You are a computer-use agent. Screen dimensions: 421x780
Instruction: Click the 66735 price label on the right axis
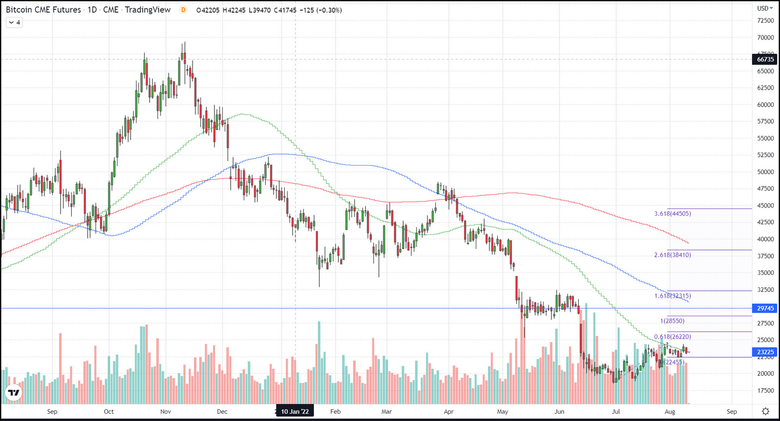click(x=765, y=59)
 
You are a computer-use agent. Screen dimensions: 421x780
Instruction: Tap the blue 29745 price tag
click(x=765, y=308)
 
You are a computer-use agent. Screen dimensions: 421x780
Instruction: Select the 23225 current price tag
click(x=765, y=352)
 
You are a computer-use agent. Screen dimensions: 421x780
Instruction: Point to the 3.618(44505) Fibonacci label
click(x=672, y=213)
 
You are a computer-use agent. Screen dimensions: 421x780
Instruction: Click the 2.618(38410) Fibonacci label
click(x=672, y=255)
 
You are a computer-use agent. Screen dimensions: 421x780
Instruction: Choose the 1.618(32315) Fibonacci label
click(x=672, y=296)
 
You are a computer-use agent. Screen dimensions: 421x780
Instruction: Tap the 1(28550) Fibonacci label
click(x=672, y=321)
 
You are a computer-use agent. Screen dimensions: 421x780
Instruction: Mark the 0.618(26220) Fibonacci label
click(x=672, y=337)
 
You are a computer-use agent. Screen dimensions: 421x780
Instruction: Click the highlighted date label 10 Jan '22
click(x=295, y=411)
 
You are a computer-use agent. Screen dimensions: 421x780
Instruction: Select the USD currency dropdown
click(x=765, y=8)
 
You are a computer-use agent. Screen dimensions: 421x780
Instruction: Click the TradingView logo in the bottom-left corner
click(x=14, y=392)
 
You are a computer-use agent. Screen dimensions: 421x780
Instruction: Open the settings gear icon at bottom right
click(x=766, y=411)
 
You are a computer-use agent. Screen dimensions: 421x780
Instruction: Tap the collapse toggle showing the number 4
click(x=14, y=22)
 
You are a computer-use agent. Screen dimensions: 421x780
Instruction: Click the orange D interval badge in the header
click(x=183, y=10)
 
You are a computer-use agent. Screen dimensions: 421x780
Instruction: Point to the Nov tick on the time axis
click(x=166, y=411)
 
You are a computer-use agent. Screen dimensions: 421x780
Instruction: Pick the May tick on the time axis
click(x=503, y=411)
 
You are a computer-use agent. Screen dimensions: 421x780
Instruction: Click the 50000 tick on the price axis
click(x=765, y=172)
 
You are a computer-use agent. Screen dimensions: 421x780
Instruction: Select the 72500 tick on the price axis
click(x=765, y=20)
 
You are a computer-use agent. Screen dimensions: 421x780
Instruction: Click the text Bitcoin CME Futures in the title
click(x=43, y=10)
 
